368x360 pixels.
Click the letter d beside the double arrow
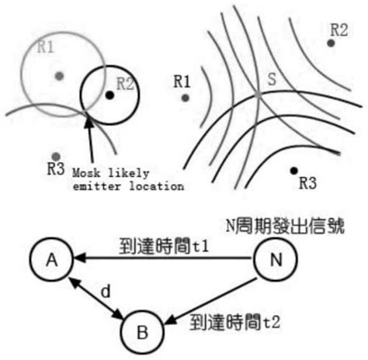coord(107,292)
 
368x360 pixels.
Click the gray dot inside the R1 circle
coord(58,75)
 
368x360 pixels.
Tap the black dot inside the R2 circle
coord(110,95)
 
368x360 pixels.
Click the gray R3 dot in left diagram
coord(54,156)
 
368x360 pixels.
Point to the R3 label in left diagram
coord(54,168)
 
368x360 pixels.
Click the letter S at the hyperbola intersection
coord(271,79)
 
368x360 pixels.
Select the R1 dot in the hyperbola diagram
coord(185,98)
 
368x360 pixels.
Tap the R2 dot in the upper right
coord(332,43)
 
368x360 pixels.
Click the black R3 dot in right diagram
coord(293,170)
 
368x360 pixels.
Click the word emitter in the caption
coord(92,186)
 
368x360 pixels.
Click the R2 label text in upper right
coord(338,29)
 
